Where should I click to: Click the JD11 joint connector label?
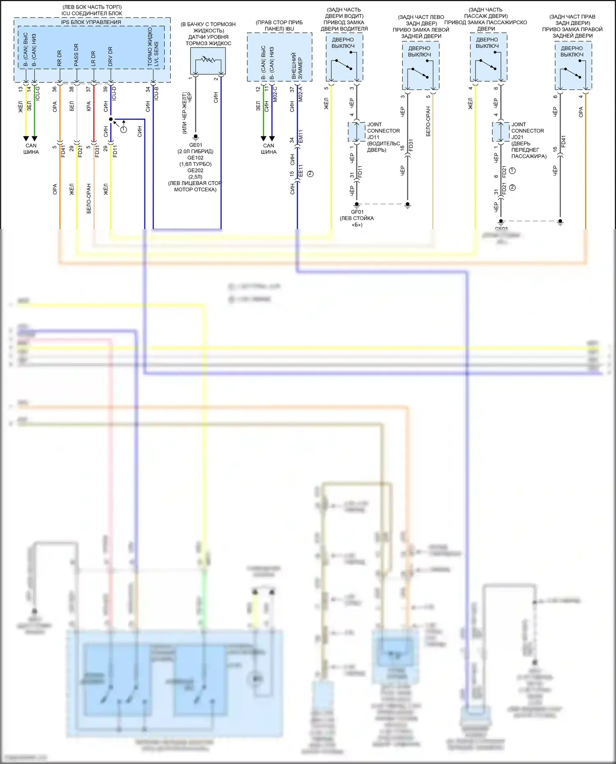[x=373, y=137]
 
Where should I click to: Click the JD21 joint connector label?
[x=517, y=137]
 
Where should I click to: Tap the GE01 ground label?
[x=195, y=145]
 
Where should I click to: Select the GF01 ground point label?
[x=357, y=212]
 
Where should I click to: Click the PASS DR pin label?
[x=76, y=55]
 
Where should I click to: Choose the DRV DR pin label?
[x=110, y=57]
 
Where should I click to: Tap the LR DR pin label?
[x=93, y=58]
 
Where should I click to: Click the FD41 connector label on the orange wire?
[x=63, y=151]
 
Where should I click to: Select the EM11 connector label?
[x=301, y=137]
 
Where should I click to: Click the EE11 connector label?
[x=301, y=171]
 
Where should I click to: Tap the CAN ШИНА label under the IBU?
[x=269, y=149]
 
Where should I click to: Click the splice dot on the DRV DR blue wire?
[x=111, y=119]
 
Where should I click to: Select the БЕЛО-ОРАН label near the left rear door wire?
[x=428, y=122]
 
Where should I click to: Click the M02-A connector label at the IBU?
[x=301, y=94]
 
